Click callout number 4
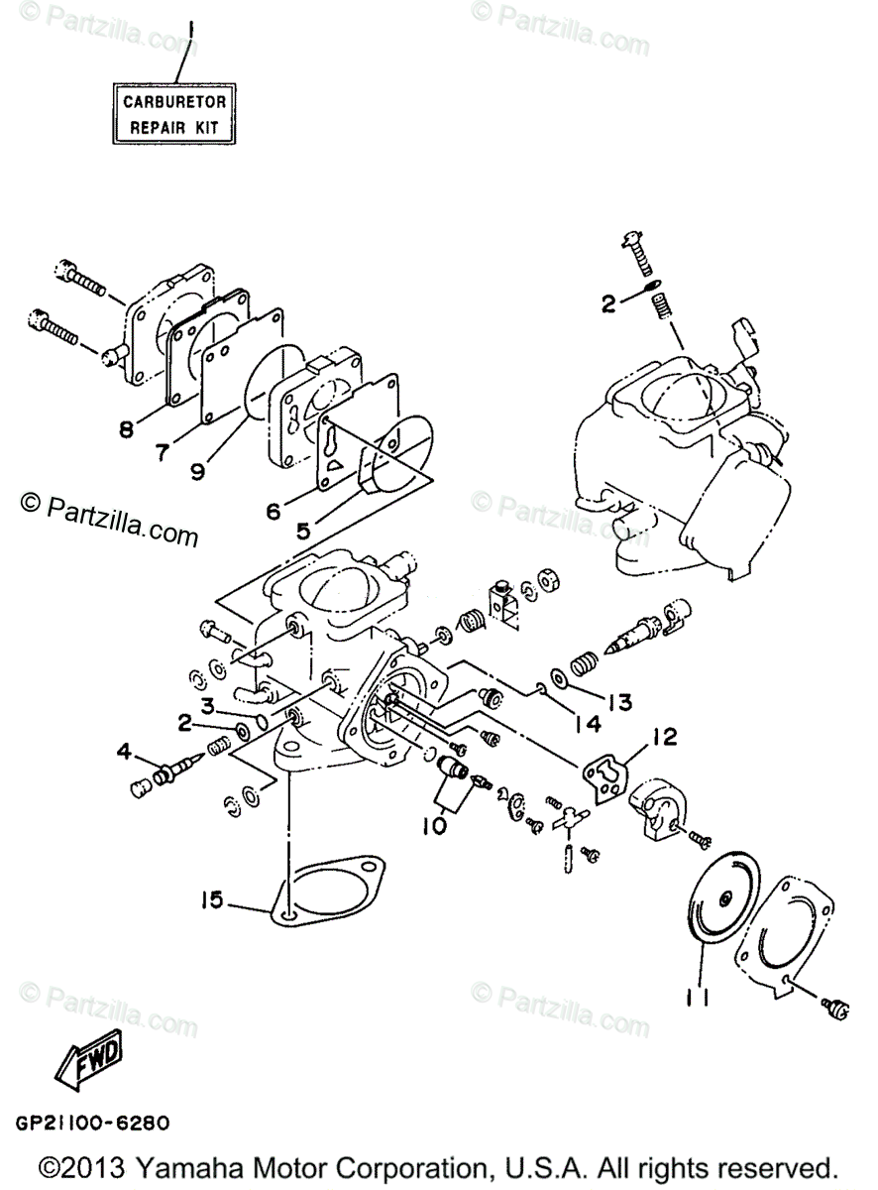[124, 753]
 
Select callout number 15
[210, 900]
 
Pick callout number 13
[619, 702]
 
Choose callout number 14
[587, 725]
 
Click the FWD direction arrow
[89, 1055]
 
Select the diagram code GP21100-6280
[91, 1124]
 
